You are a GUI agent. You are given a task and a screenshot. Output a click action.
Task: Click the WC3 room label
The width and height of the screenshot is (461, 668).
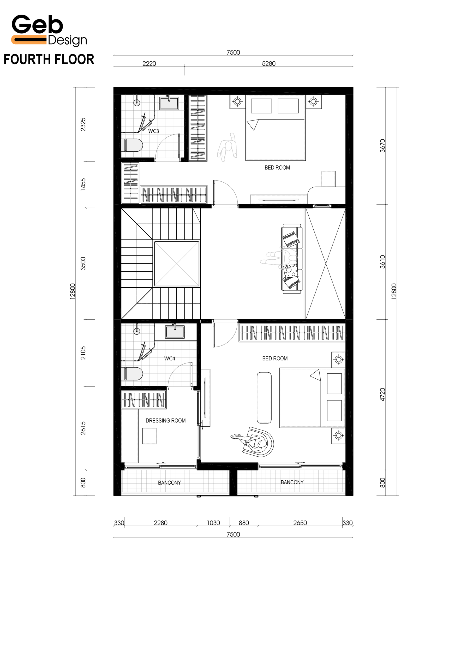click(x=153, y=131)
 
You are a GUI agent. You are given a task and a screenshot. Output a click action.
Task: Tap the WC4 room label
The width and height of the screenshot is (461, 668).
click(x=170, y=359)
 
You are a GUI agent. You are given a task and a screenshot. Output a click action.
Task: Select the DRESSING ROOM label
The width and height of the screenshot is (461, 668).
click(x=165, y=421)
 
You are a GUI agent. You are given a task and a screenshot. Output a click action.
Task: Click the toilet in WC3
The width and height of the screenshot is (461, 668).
click(x=132, y=145)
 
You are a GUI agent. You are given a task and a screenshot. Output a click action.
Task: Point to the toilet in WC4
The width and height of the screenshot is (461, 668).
click(x=132, y=374)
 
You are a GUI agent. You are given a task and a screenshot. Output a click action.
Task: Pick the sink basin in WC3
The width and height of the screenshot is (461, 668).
click(x=169, y=103)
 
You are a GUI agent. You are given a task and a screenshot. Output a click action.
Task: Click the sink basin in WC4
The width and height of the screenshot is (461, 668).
click(x=175, y=332)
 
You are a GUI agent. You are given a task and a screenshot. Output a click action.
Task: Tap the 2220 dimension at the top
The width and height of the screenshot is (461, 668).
click(x=149, y=64)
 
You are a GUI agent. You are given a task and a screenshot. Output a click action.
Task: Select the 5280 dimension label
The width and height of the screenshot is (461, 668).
click(x=269, y=64)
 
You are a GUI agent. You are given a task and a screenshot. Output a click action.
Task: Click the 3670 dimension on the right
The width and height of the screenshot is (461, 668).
click(x=382, y=146)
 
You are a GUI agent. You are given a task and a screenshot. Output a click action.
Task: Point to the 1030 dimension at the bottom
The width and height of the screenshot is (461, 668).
click(x=213, y=523)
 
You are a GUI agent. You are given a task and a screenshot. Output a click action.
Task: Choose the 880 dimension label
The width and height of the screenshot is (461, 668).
click(x=244, y=523)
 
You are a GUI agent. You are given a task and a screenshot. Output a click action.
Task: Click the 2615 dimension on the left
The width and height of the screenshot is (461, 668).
click(x=83, y=428)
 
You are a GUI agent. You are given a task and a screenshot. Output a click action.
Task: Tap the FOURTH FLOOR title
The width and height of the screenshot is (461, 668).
click(x=49, y=59)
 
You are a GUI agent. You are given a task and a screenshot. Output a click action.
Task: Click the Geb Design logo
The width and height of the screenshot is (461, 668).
click(x=49, y=30)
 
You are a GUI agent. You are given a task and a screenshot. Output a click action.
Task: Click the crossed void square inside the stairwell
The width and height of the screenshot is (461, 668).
click(x=176, y=264)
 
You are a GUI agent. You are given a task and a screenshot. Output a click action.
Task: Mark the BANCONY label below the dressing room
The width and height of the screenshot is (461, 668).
click(x=169, y=483)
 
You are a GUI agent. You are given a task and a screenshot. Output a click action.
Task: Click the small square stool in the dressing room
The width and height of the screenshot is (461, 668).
click(x=150, y=436)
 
